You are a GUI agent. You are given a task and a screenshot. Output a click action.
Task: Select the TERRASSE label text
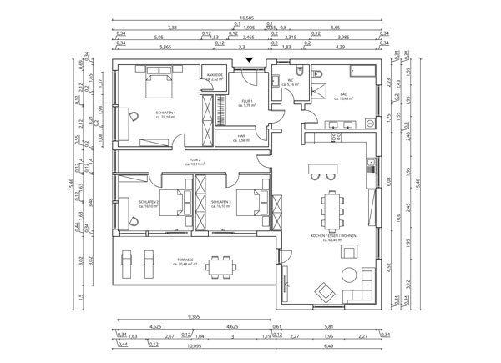[185, 260]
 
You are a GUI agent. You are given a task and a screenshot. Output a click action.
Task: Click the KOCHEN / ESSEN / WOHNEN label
[333, 238]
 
